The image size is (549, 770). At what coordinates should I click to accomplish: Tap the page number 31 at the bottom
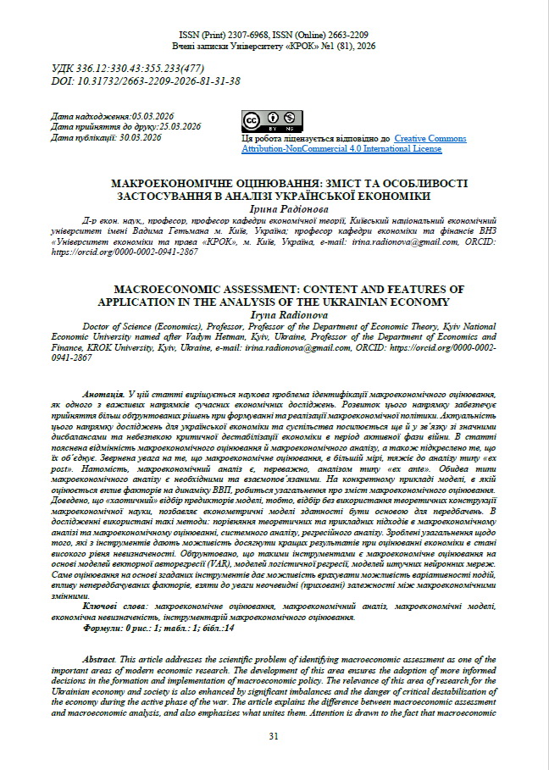point(274,735)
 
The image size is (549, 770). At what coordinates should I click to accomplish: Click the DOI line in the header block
point(146,81)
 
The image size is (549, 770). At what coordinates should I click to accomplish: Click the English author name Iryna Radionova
point(274,313)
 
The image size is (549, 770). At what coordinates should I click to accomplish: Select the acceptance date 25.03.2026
point(173,126)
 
